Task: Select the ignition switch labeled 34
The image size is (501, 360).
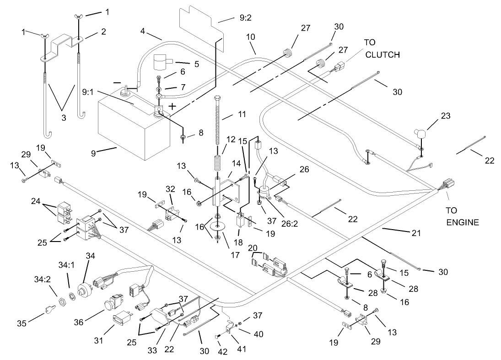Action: click(85, 289)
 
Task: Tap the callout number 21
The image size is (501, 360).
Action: click(415, 234)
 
